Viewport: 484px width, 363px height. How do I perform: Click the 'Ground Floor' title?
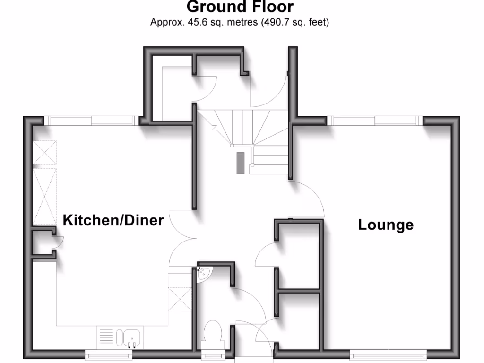pyautogui.click(x=240, y=8)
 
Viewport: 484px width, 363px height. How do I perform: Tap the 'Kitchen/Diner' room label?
pyautogui.click(x=113, y=220)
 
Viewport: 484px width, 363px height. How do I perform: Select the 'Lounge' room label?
pyautogui.click(x=386, y=225)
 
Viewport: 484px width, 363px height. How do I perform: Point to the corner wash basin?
pyautogui.click(x=204, y=273)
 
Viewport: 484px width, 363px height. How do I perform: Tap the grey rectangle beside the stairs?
pyautogui.click(x=241, y=164)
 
